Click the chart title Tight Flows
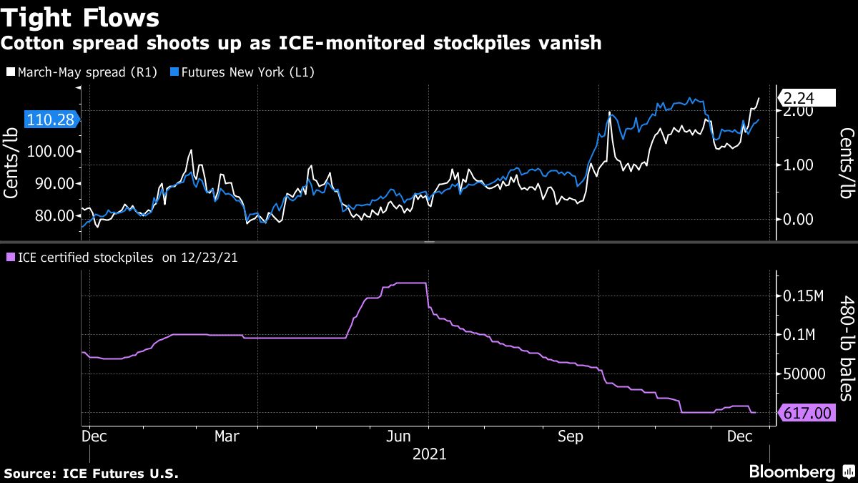[x=80, y=16]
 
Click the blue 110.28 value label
[x=50, y=120]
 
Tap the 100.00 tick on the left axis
[x=50, y=151]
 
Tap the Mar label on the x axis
[x=227, y=436]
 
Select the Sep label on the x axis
[x=570, y=436]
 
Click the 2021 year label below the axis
[x=428, y=454]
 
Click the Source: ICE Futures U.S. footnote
[x=91, y=474]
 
